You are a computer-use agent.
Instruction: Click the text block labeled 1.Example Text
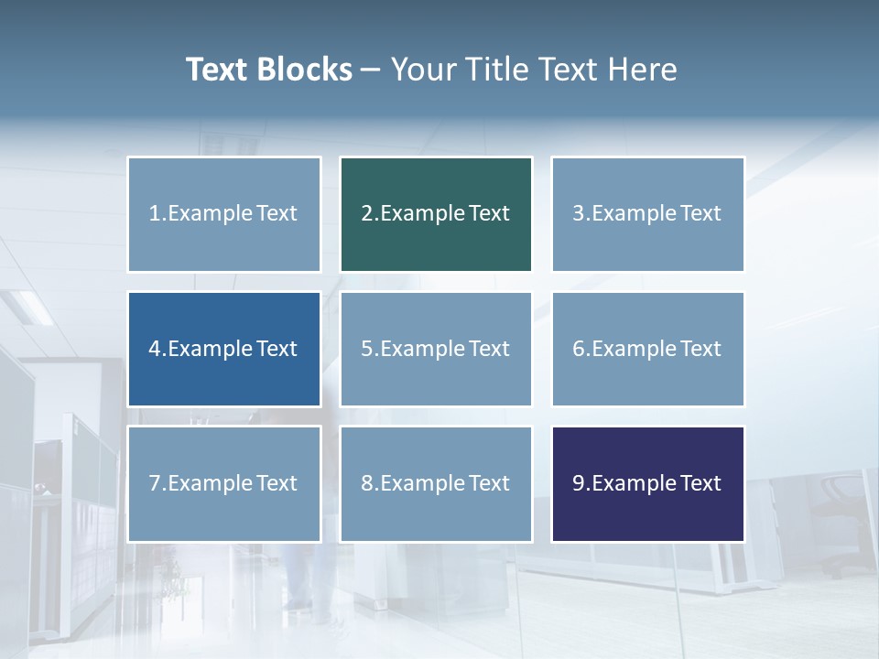pos(223,214)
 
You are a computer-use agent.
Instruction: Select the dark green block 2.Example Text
pos(436,214)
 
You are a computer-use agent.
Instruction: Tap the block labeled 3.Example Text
pos(647,214)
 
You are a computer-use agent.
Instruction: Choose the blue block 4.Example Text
pos(223,349)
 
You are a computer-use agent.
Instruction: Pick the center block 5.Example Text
pos(436,349)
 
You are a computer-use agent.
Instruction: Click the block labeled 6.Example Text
pos(647,349)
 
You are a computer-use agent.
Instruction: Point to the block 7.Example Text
pos(223,483)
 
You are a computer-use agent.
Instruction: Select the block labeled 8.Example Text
pos(436,483)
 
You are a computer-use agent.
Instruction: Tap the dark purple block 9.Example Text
pos(647,483)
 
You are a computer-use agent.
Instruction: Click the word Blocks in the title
pos(306,70)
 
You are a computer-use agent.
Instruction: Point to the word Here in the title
pos(643,70)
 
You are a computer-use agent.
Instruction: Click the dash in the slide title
pos(371,70)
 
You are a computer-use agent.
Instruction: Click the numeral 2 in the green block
pos(366,214)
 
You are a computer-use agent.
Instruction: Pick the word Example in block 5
pos(422,349)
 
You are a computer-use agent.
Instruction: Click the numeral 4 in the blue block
pos(155,349)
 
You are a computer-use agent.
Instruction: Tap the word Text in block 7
pos(277,483)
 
